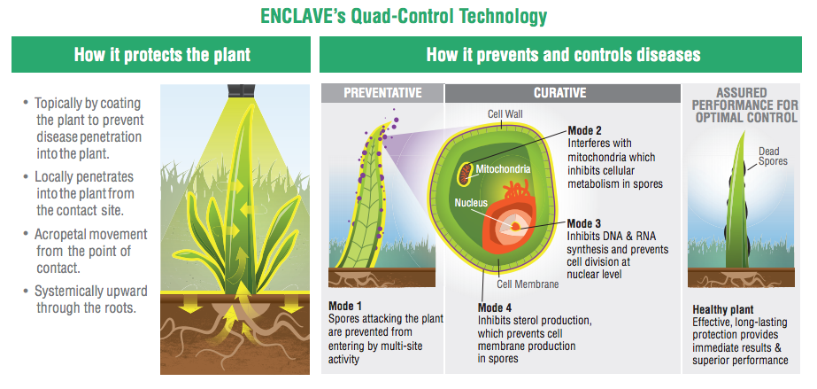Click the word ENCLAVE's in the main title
tap(302, 16)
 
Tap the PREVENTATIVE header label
tap(382, 93)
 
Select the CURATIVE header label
tap(560, 93)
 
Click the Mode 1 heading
tap(345, 306)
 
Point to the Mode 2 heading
tap(584, 130)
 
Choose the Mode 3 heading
tap(584, 223)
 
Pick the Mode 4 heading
tap(495, 307)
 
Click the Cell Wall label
tap(505, 113)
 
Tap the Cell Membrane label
tap(528, 284)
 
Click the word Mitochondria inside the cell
tap(504, 169)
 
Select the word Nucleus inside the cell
tap(471, 202)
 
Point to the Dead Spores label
tap(772, 157)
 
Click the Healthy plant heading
tap(722, 310)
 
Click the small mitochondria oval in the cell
tap(464, 174)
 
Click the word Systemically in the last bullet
tap(67, 291)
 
